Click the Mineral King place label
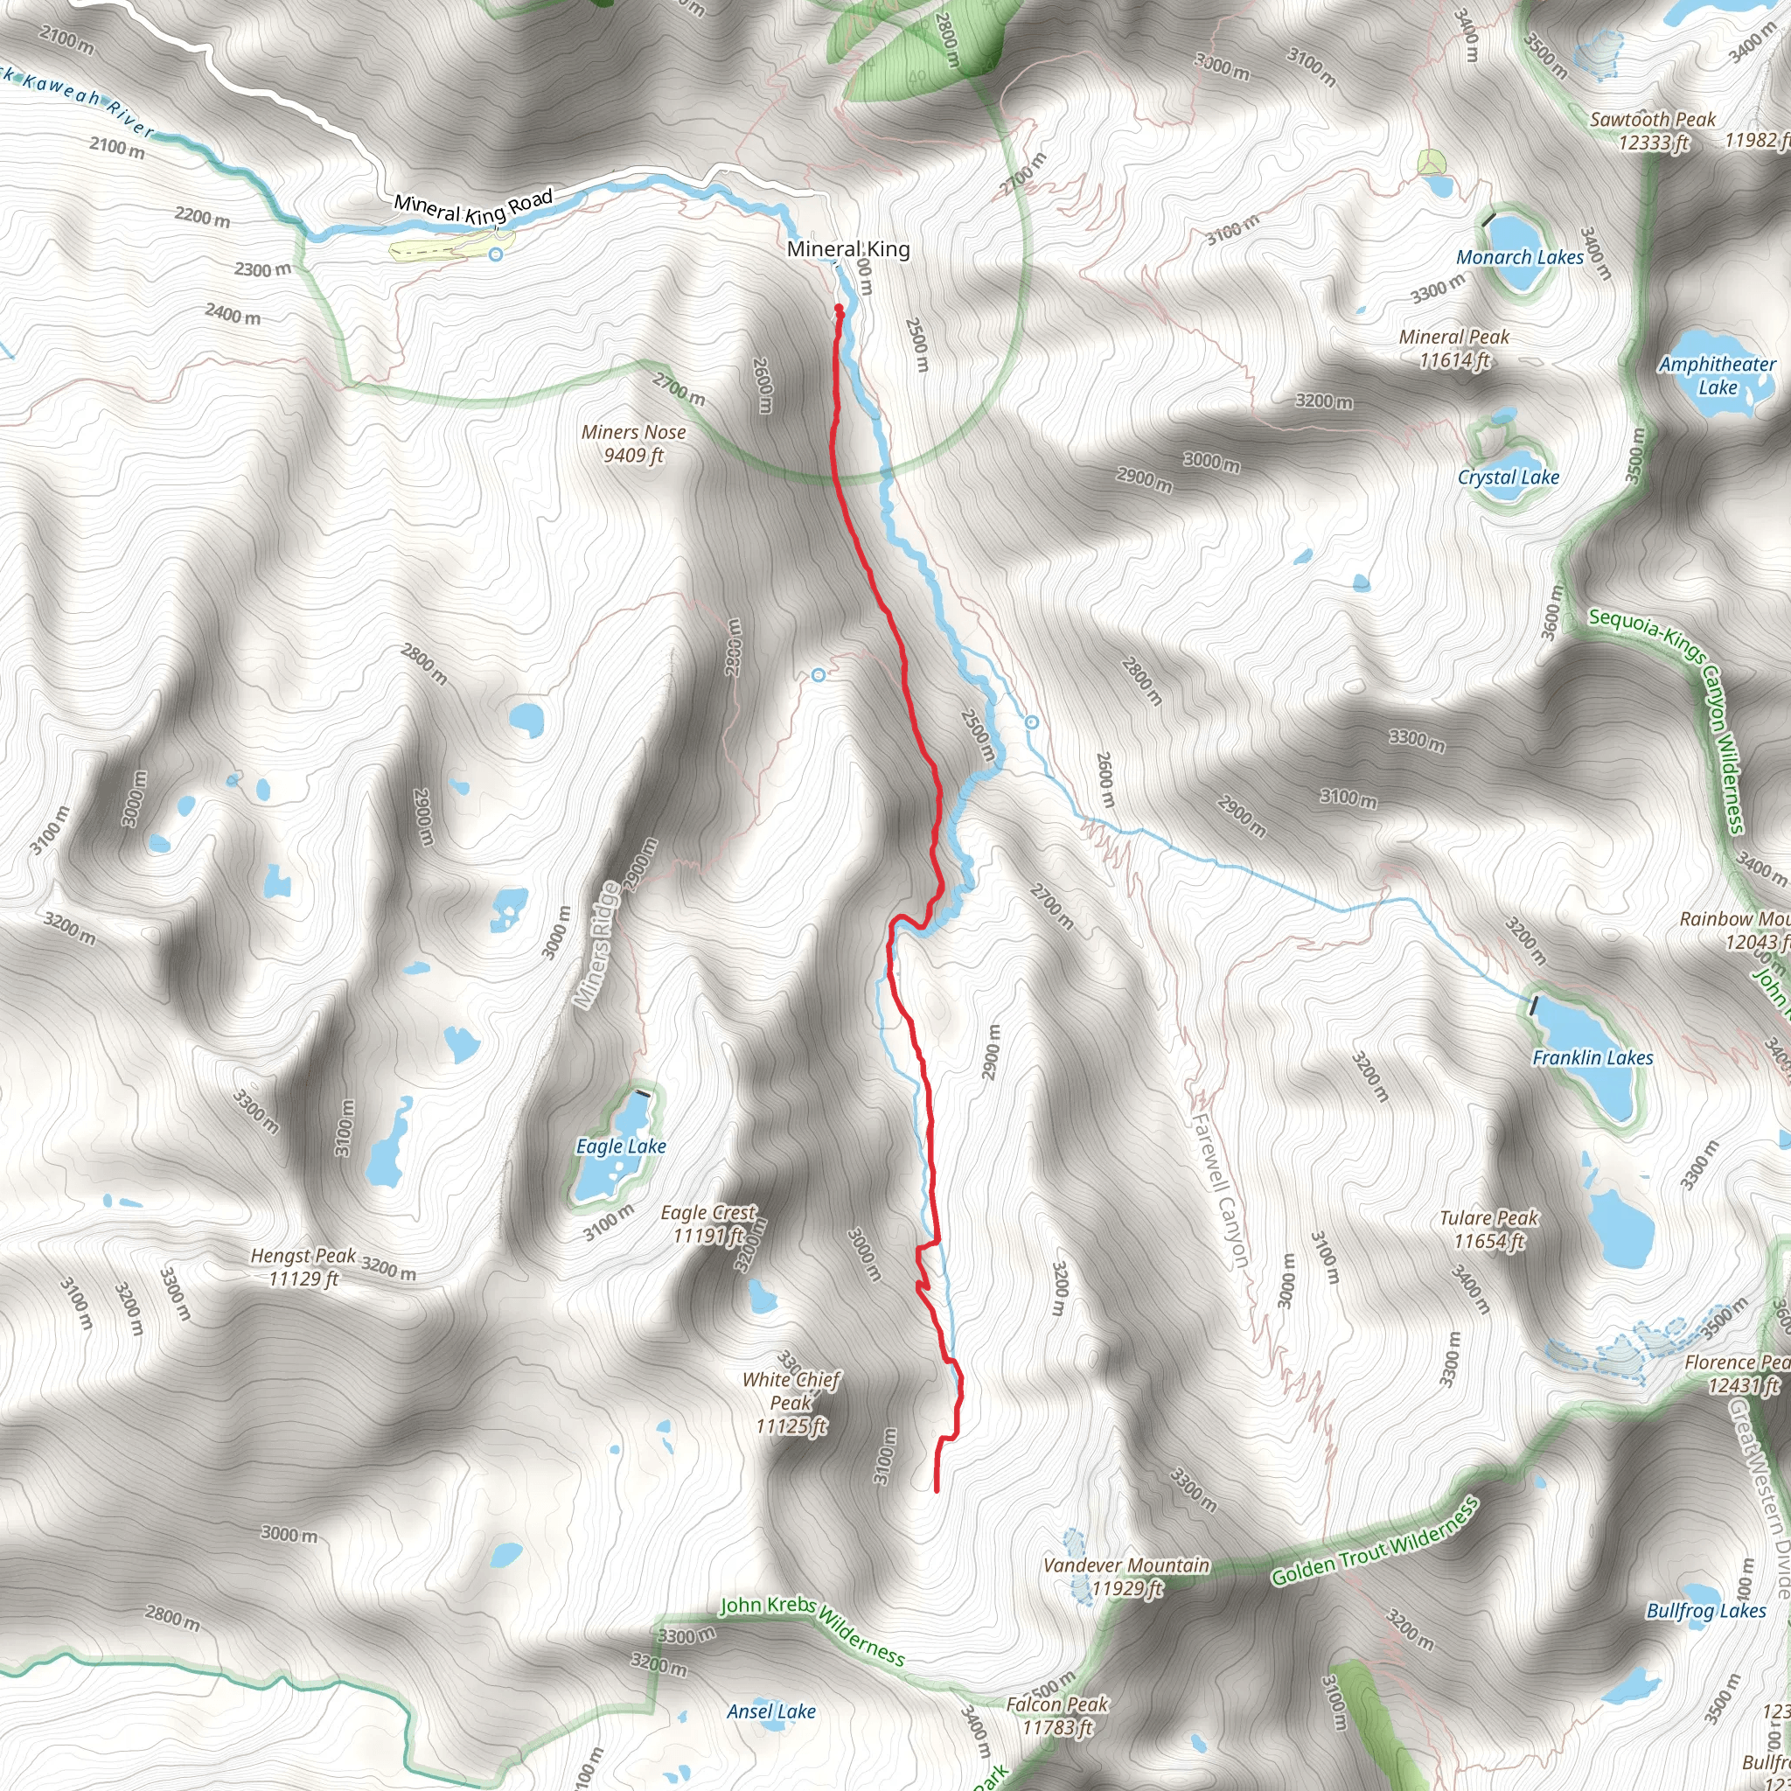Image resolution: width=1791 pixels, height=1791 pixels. pos(847,248)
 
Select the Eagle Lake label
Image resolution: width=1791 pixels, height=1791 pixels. pos(621,1146)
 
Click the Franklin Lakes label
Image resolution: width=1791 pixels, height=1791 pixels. pos(1592,1058)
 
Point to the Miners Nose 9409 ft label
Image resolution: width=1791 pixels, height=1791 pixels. pos(633,443)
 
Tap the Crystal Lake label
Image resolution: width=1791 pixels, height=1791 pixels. pos(1509,477)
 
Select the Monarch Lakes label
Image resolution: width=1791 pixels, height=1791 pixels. pos(1519,258)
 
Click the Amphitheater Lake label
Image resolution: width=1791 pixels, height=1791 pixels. pos(1717,375)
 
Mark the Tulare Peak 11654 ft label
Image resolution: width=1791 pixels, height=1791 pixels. pos(1488,1230)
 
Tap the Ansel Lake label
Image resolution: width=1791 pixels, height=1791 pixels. pos(770,1711)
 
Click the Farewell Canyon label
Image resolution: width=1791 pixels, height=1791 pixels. pos(1219,1190)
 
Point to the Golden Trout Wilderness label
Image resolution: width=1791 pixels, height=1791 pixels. pos(1375,1543)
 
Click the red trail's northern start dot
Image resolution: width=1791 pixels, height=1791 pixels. pos(839,308)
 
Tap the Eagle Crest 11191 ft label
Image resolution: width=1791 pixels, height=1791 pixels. pos(708,1223)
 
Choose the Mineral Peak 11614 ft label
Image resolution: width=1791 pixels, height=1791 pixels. pos(1453,349)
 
